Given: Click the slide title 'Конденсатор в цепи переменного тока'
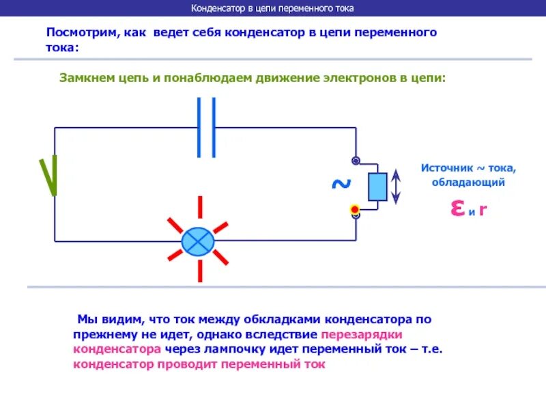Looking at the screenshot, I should click(272, 9).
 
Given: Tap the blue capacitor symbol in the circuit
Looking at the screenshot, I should click(206, 127).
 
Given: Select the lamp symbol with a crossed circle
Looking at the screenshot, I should click(198, 241).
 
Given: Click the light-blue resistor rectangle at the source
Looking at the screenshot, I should click(377, 187).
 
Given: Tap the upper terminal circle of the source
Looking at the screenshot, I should click(356, 161).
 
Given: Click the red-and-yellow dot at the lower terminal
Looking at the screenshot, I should click(355, 209).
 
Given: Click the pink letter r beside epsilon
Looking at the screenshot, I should click(483, 209).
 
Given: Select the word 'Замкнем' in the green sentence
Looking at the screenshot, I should click(87, 78).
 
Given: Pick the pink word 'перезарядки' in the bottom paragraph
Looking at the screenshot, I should click(362, 335).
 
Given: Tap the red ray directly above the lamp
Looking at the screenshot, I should click(200, 208).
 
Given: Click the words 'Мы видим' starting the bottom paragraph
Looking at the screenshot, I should click(102, 319).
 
